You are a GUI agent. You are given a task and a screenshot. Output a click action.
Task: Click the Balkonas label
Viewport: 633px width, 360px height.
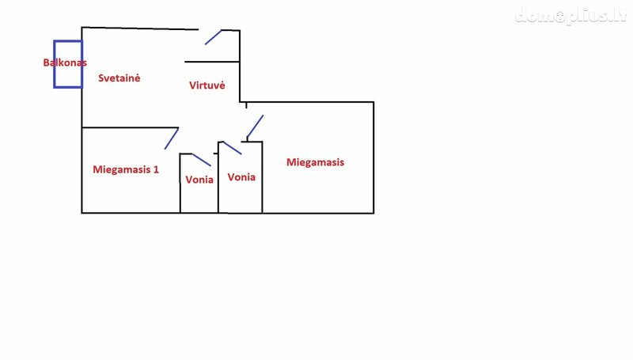(65, 63)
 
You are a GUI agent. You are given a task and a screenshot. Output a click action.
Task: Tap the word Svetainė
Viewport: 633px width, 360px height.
(119, 78)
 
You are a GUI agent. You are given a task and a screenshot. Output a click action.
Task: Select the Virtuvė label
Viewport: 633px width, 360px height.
(207, 85)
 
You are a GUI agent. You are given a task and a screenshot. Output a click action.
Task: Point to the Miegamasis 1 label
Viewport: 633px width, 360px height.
(126, 169)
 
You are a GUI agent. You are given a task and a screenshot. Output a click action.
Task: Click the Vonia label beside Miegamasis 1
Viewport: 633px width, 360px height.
(199, 180)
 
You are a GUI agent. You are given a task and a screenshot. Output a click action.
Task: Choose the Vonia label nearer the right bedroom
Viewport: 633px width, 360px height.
(241, 177)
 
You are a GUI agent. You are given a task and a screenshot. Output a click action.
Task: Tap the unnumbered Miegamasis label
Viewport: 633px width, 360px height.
(315, 162)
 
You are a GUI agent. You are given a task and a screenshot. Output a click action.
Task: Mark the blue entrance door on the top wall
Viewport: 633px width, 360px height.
(213, 37)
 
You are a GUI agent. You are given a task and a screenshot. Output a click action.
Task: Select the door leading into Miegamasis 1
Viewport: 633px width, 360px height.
(172, 138)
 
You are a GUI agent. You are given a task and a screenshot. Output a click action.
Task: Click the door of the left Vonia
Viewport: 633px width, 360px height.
(202, 160)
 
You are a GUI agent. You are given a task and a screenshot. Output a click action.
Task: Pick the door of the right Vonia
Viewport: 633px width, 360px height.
(232, 148)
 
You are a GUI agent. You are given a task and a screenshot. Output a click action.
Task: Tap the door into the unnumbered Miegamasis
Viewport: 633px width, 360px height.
(255, 127)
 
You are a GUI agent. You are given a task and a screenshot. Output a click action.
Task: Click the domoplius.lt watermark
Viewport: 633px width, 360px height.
(570, 16)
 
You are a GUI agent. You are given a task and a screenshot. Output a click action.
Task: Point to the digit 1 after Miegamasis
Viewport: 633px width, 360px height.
(156, 169)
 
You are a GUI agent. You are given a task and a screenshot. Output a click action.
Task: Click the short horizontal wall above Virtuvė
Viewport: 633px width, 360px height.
(212, 62)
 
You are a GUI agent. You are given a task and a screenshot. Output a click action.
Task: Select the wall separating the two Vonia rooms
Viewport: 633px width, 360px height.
(218, 177)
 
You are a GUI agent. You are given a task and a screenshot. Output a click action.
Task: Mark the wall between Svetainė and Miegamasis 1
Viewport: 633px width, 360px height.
(130, 127)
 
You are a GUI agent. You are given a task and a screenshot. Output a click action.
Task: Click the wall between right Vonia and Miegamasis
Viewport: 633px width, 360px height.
(263, 177)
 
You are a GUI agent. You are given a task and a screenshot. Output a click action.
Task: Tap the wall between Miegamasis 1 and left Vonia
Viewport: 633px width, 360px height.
(180, 184)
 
